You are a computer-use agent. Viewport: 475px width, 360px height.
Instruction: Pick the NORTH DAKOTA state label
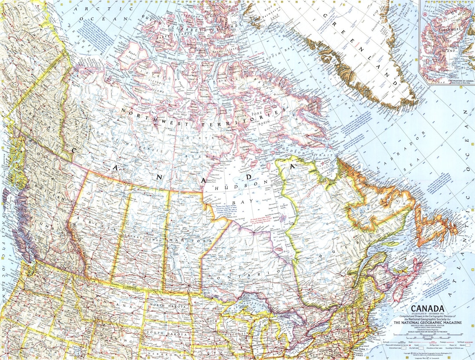(168, 305)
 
